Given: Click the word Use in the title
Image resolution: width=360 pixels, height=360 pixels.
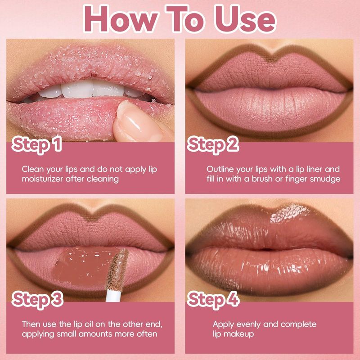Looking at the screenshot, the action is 245,19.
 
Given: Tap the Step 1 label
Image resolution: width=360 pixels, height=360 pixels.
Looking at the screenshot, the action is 37,144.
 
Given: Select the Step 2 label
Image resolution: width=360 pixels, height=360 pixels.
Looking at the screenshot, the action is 213,144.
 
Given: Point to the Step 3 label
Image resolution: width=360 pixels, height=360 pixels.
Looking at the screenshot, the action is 37,300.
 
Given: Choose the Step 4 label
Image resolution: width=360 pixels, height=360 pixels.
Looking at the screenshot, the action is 213,300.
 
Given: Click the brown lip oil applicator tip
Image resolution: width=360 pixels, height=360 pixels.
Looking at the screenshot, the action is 117,269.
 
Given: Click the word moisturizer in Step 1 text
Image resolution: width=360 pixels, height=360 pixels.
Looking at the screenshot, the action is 42,179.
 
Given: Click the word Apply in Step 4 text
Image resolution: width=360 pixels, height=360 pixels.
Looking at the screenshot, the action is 223,325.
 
